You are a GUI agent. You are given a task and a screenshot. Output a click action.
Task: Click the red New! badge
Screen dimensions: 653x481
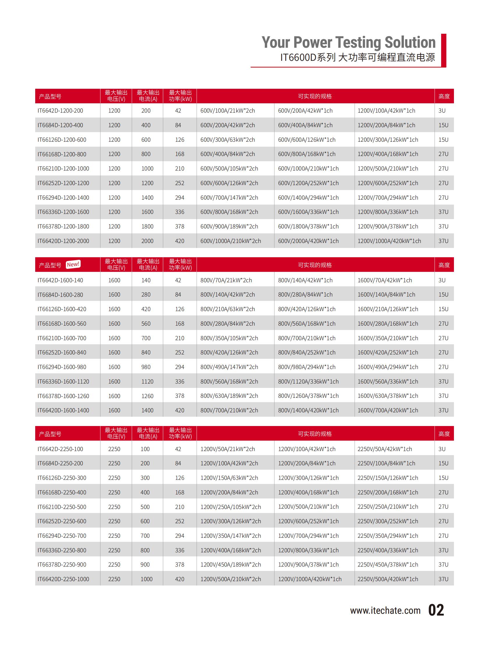(73, 264)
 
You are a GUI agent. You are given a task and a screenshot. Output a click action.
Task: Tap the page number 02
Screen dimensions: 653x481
(436, 611)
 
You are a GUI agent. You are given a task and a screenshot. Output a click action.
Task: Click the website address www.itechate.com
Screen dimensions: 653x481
(385, 611)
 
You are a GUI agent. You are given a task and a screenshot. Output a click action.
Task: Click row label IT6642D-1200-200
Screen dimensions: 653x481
(60, 111)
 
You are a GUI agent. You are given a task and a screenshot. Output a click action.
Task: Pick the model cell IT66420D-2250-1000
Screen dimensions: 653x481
(63, 579)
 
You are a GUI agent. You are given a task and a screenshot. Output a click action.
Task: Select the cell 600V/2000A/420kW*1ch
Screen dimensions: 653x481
(308, 241)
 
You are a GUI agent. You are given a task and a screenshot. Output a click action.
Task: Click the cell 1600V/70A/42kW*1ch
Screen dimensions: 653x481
(385, 280)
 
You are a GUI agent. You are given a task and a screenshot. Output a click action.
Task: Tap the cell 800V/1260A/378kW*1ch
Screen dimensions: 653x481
(308, 396)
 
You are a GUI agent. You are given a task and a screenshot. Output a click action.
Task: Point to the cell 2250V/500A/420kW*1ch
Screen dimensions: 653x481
(388, 579)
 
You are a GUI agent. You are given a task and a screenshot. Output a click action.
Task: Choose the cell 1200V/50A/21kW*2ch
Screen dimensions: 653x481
(227, 449)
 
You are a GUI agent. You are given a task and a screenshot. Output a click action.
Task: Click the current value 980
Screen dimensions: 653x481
(146, 367)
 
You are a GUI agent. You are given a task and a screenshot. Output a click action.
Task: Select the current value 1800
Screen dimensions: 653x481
(147, 226)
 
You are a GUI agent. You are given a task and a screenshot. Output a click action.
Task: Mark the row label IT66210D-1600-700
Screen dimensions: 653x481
(62, 338)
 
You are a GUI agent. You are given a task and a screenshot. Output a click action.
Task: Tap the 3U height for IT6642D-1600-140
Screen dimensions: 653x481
(442, 280)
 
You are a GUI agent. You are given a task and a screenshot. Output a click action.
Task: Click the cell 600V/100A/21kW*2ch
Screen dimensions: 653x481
(227, 111)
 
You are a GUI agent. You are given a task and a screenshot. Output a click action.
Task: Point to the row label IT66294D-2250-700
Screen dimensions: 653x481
(62, 536)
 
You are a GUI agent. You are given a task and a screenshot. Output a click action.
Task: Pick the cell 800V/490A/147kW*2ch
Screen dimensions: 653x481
(229, 367)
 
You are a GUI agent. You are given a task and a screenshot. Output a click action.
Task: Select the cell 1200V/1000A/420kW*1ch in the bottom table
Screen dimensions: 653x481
(310, 579)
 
